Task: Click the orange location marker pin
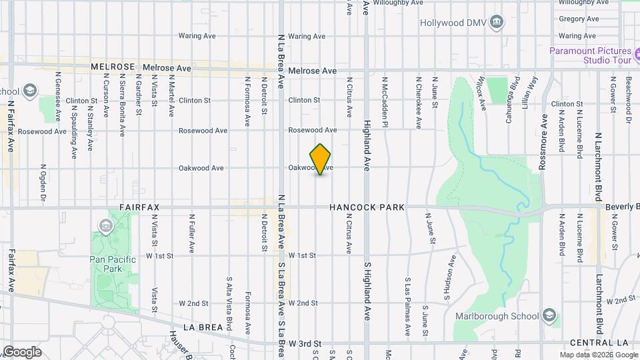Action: coord(321,159)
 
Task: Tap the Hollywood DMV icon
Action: coord(496,23)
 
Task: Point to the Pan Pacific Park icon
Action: coord(105,227)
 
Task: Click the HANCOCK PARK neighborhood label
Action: coord(367,208)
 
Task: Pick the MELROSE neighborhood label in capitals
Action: coord(113,67)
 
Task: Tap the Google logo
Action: coord(22,351)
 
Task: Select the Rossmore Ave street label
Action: coord(543,142)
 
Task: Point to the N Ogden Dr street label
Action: coord(43,182)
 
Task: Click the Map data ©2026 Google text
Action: coord(597,355)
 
